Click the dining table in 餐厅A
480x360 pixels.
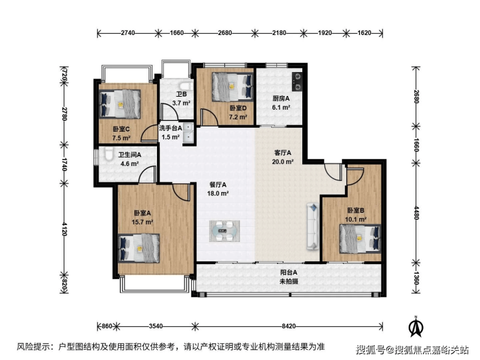coord(224,231)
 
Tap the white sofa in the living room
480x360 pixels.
coord(313,226)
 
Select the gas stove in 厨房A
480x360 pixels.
coord(296,82)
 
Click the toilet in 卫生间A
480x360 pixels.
coord(107,154)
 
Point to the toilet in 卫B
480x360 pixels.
coord(186,86)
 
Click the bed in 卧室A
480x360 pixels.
coord(139,248)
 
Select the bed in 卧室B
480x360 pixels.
coord(360,239)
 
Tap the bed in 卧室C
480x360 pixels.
coord(120,104)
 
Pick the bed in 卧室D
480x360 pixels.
coord(233,87)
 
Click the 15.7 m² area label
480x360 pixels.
coord(142,222)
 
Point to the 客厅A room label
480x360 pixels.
coord(283,152)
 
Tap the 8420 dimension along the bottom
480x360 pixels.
coord(289,326)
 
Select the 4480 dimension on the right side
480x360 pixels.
coord(416,213)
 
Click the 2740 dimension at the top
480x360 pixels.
coord(128,32)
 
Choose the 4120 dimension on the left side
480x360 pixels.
coord(64,229)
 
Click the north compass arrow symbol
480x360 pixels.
coord(416,327)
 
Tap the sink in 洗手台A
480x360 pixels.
coord(188,134)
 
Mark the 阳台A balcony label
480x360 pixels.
coord(289,272)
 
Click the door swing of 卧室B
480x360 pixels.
coord(355,176)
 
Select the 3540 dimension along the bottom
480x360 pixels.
coord(156,326)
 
